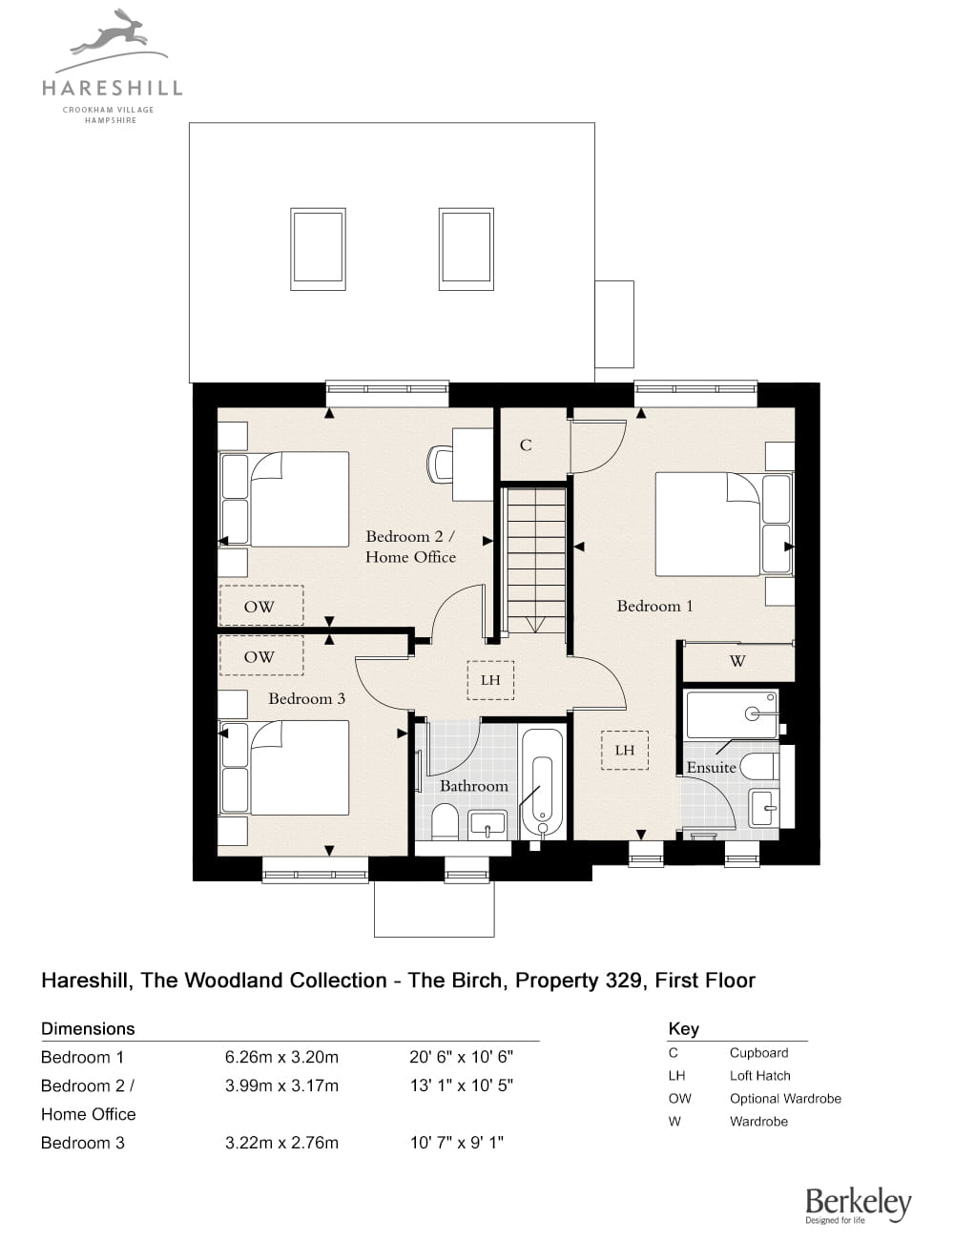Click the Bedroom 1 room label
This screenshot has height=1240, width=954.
point(654,606)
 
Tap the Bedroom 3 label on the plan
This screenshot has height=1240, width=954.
point(306,698)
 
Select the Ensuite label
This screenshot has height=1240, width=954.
point(711,768)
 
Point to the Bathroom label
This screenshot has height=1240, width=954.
point(473,786)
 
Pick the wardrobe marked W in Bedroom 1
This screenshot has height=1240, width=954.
point(738,661)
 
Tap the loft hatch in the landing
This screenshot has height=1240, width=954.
point(490,680)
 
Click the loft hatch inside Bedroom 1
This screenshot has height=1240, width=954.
point(624,750)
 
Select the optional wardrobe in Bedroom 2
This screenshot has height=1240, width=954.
point(260,606)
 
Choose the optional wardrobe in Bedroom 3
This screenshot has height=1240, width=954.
point(260,655)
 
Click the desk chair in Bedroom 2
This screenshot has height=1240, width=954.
point(440,464)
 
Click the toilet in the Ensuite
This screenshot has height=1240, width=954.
point(759,766)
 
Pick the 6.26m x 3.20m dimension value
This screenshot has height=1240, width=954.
point(281,1058)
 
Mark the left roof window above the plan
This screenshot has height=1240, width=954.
point(318,249)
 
